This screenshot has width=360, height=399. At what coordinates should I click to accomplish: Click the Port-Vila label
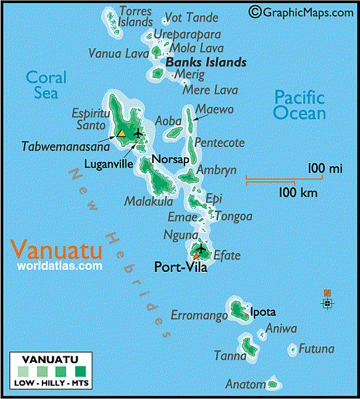181,268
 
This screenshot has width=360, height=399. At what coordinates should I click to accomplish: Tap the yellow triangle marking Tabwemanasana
122,134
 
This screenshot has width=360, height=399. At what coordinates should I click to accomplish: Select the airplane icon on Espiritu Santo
138,132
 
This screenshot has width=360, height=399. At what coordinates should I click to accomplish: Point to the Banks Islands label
206,63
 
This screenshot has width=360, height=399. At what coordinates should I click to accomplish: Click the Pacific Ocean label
300,105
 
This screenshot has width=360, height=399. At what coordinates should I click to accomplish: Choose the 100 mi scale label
325,169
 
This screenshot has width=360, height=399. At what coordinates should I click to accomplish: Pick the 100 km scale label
297,193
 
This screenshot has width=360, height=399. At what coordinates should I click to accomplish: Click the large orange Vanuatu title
57,251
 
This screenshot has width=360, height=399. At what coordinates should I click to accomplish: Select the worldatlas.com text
60,266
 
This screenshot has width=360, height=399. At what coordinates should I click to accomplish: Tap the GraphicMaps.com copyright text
302,11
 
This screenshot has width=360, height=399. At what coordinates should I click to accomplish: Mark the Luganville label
110,163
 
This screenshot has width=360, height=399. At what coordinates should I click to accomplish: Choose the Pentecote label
220,142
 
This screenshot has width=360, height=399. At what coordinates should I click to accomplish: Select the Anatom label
244,384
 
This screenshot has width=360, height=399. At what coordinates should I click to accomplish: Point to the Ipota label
262,312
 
